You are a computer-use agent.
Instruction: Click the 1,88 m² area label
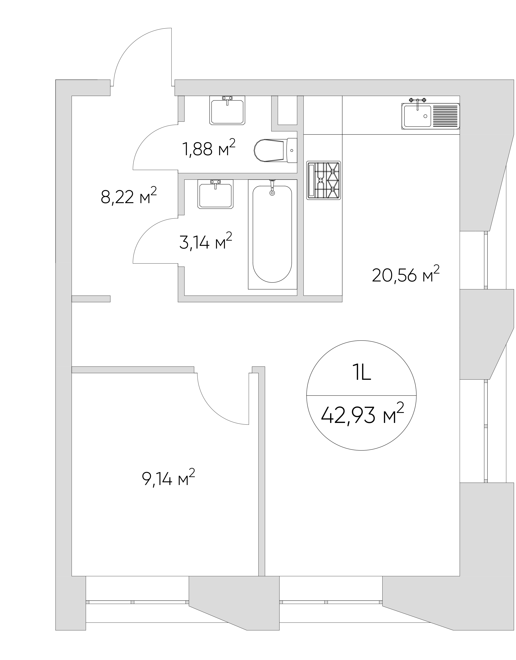click(x=208, y=148)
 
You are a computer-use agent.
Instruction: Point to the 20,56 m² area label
click(x=405, y=274)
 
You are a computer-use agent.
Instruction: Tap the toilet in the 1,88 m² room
click(x=276, y=150)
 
